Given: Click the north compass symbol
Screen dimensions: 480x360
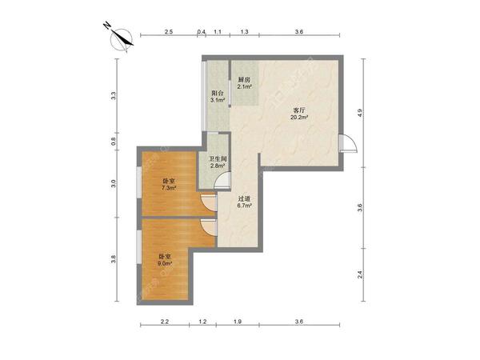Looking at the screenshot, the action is pos(122,40).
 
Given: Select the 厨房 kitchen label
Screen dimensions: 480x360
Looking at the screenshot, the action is pos(244,80).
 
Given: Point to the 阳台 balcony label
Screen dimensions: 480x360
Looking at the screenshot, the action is pos(218,93).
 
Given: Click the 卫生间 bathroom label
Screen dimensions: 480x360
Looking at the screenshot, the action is pos(218,159).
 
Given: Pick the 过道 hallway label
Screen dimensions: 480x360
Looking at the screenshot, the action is pos(244,198).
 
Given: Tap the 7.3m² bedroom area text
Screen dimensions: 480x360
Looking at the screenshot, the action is pos(169,188).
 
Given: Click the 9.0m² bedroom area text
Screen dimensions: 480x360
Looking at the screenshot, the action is pos(165,263).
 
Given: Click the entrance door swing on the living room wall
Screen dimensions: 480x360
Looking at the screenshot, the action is pos(348,143).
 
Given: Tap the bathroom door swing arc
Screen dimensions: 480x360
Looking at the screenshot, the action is pos(222,180).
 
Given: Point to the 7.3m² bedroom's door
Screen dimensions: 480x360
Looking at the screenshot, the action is pos(209,202).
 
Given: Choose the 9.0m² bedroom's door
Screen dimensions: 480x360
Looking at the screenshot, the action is pos(209,227).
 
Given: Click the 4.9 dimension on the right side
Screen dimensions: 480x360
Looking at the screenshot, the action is pos(360,113).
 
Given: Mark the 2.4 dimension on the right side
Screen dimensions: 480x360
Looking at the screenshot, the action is pos(360,274).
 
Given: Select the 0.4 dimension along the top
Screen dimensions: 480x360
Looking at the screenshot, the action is pos(202,31).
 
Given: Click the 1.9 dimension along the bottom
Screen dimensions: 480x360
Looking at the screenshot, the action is pos(238,322).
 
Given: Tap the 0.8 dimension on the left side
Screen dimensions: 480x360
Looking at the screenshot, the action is pos(114,141).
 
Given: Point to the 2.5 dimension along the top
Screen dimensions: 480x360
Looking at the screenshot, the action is pos(169,31).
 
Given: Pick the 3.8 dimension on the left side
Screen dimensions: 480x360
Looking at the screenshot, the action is pos(114,259).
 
